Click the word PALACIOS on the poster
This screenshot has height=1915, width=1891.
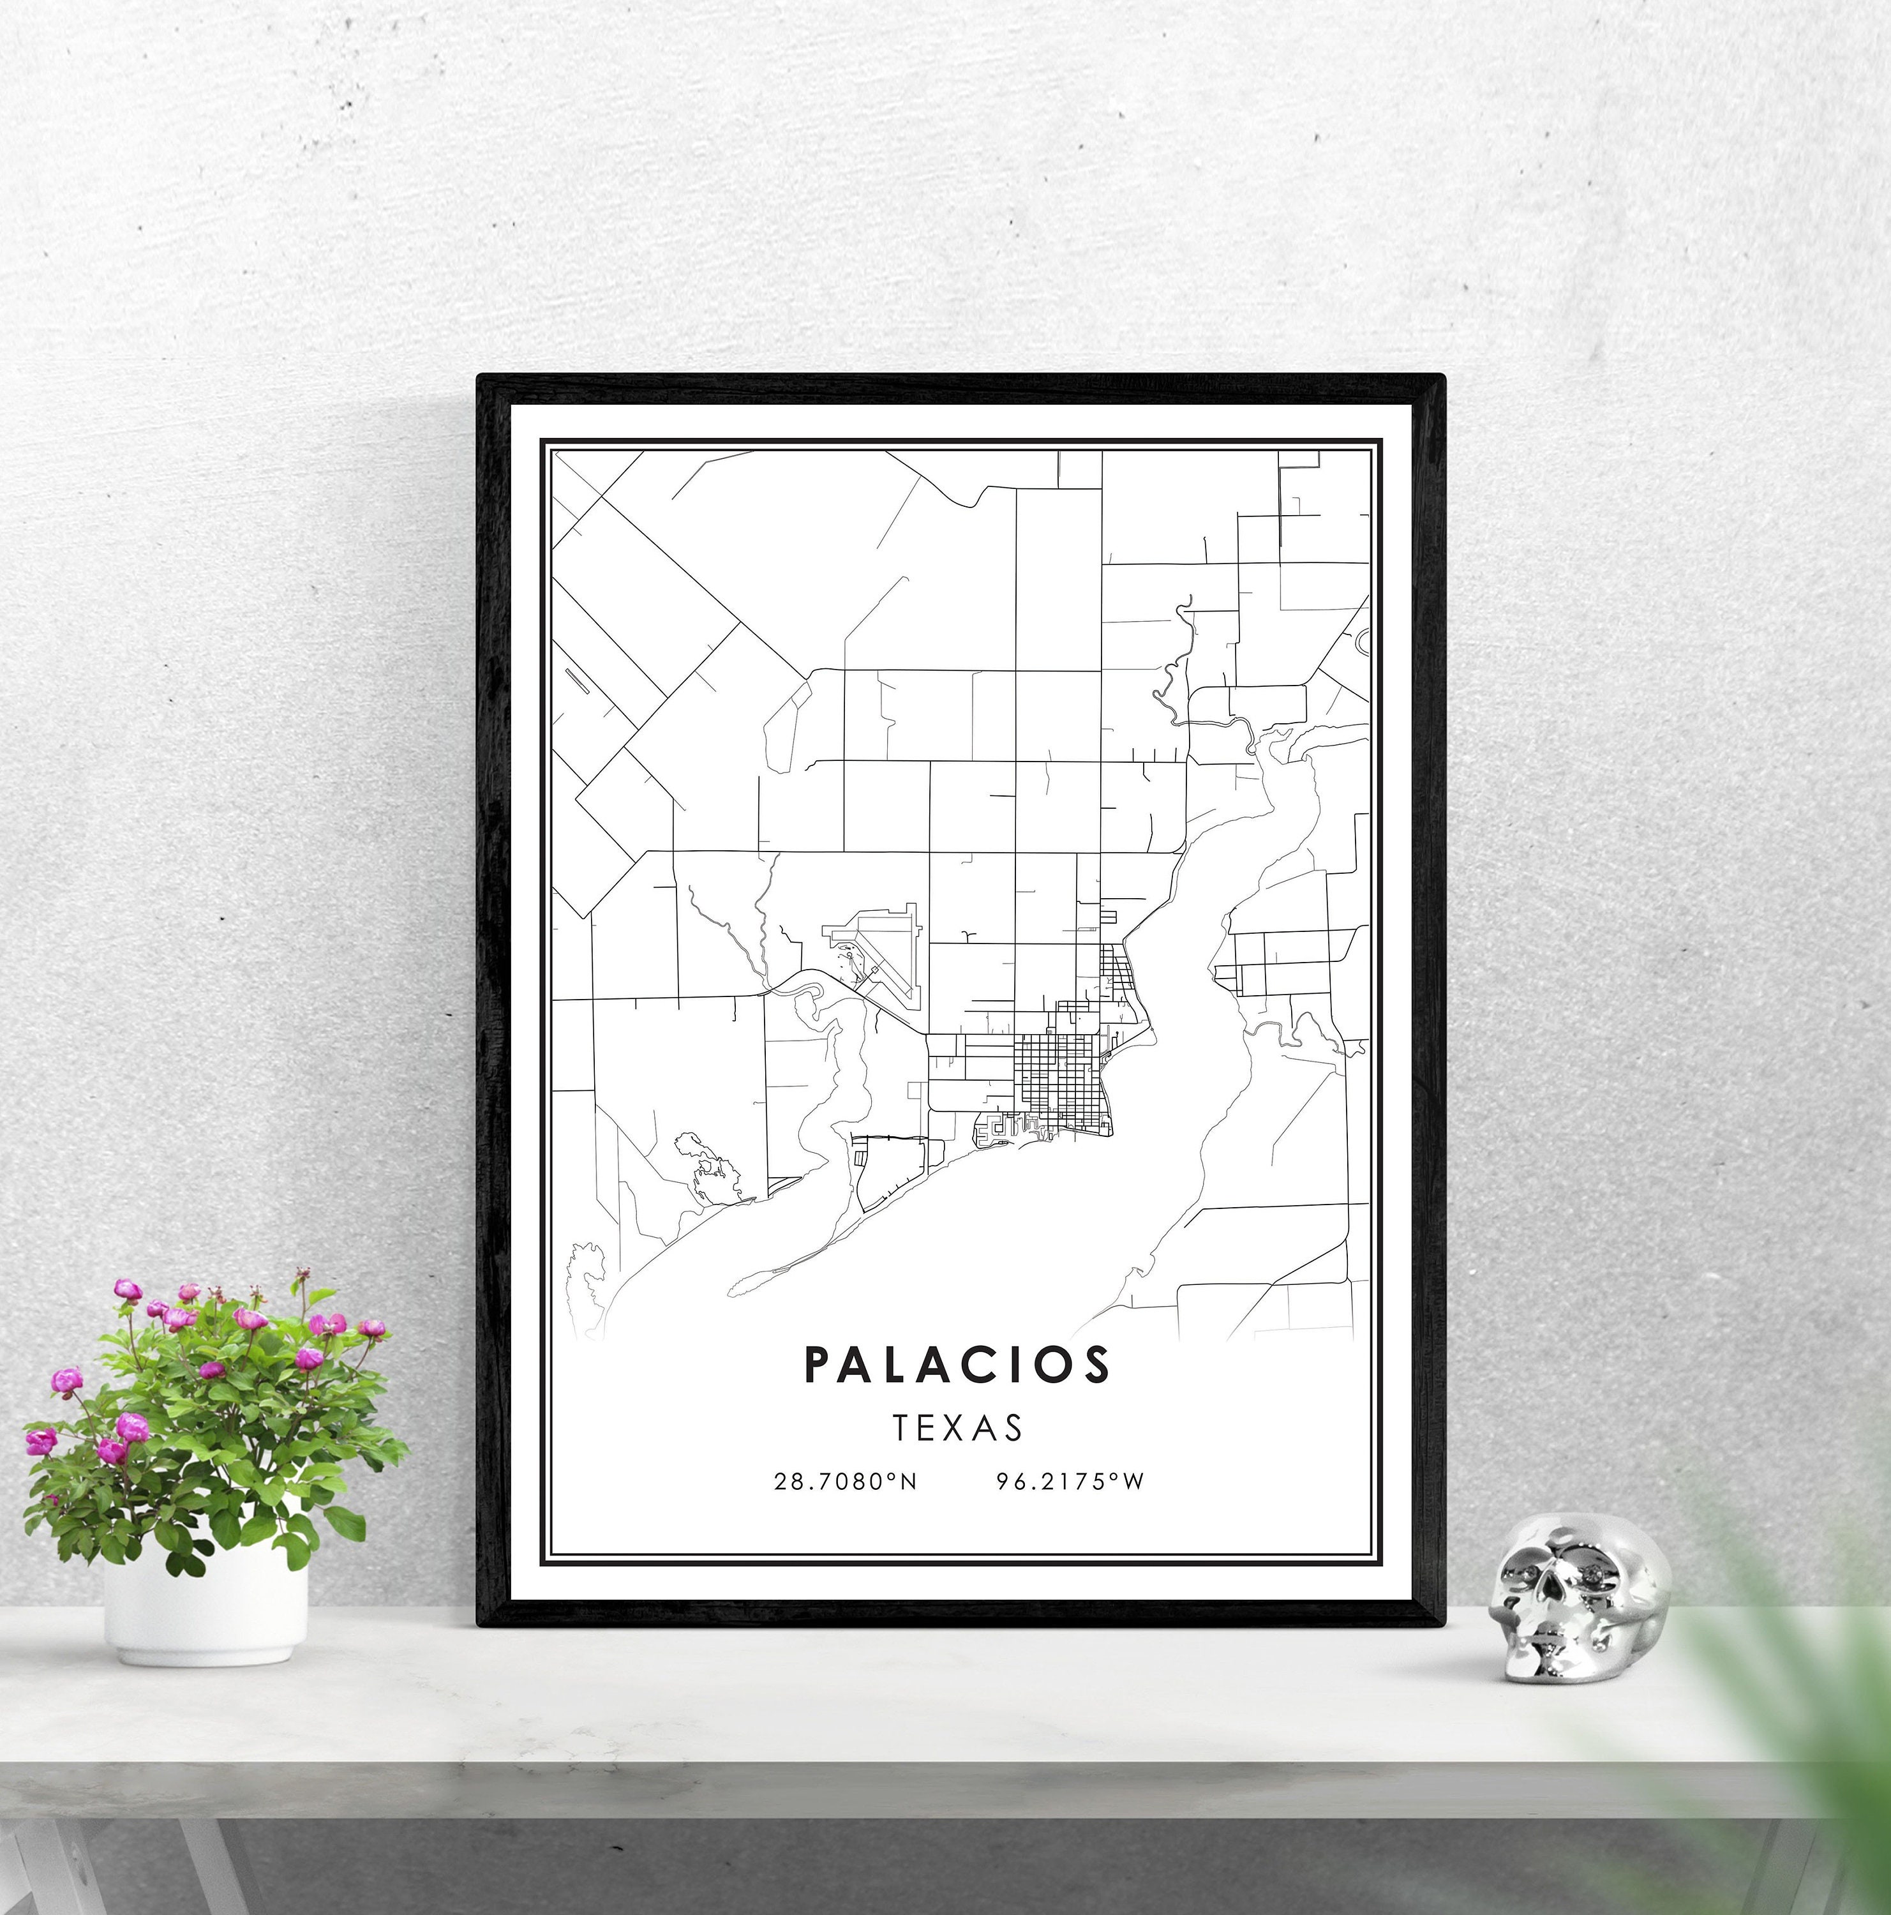(x=957, y=1364)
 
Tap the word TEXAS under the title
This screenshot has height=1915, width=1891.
(x=957, y=1429)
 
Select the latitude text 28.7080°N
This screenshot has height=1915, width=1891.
(x=846, y=1510)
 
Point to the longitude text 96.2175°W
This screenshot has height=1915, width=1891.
(x=1070, y=1510)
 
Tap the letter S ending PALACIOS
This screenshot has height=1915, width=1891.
(x=1097, y=1364)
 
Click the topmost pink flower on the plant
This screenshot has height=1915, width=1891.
(x=127, y=1289)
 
